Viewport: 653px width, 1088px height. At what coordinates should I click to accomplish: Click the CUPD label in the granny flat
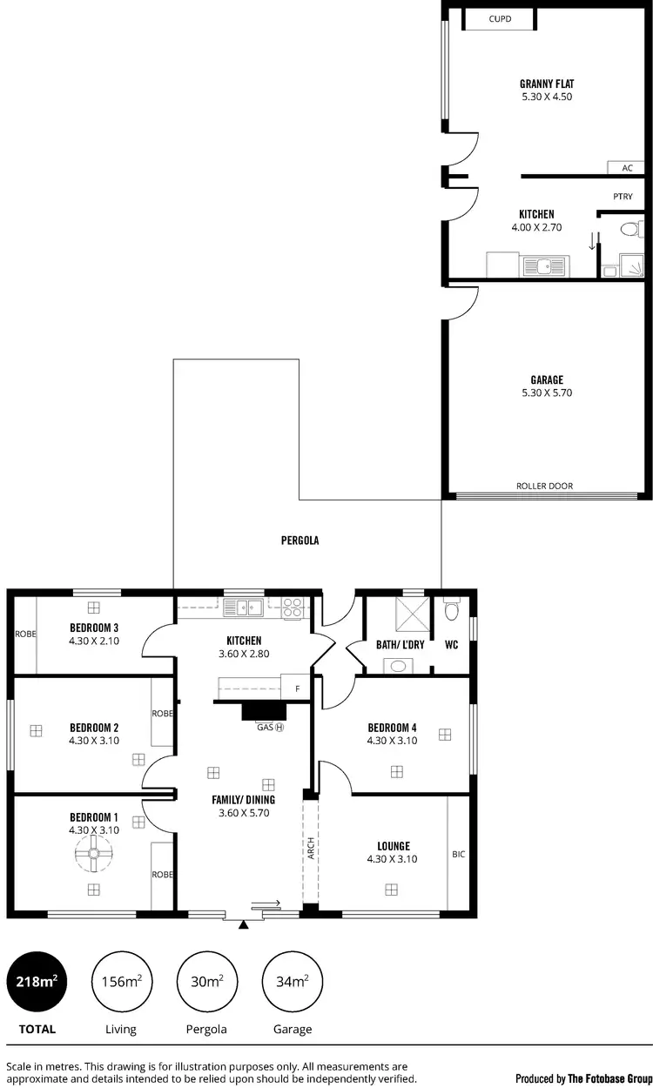(x=500, y=17)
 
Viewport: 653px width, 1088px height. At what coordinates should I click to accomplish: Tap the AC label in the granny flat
(x=627, y=168)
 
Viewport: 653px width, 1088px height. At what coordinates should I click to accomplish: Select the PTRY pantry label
(x=623, y=197)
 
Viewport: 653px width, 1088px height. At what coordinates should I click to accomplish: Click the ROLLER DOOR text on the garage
(x=544, y=487)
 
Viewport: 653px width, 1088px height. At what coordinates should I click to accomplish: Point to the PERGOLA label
(x=300, y=541)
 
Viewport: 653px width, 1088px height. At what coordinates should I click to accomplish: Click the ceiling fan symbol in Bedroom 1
(x=93, y=857)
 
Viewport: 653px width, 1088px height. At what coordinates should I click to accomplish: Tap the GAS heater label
(x=270, y=727)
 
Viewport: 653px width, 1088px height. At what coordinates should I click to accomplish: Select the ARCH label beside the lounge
(x=311, y=850)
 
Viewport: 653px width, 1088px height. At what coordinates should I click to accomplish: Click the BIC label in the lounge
(x=459, y=854)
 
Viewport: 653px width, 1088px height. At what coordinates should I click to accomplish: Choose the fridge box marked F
(x=295, y=688)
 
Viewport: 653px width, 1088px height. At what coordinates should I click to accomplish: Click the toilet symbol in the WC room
(x=450, y=610)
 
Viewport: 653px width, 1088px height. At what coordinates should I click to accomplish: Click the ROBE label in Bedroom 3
(x=25, y=634)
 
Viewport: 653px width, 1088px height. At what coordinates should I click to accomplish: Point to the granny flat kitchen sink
(x=544, y=265)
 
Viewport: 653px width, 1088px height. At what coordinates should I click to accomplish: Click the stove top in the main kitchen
(x=293, y=607)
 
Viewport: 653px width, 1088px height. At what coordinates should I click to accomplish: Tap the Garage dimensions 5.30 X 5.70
(x=547, y=393)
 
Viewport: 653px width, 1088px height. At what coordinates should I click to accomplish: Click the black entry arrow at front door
(x=244, y=924)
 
